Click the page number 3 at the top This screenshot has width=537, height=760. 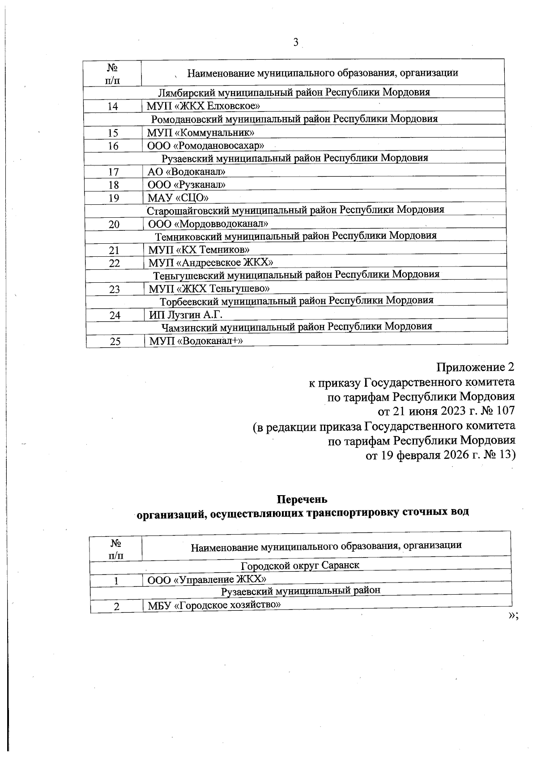click(295, 43)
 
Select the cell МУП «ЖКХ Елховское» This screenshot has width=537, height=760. click(204, 106)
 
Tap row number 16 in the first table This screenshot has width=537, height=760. click(113, 146)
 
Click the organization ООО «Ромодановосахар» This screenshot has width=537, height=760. click(206, 146)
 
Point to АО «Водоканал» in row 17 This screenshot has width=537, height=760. click(187, 172)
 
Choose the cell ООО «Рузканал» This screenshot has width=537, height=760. click(187, 185)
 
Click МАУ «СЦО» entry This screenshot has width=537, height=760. click(179, 198)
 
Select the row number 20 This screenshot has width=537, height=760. click(114, 224)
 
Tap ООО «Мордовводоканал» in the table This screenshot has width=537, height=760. click(209, 224)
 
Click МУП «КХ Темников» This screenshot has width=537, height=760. click(199, 250)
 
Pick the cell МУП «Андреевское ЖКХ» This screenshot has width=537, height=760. click(211, 263)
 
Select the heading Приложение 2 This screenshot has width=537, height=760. click(475, 367)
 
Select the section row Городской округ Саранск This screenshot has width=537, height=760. click(300, 565)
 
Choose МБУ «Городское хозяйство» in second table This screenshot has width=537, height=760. click(214, 605)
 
